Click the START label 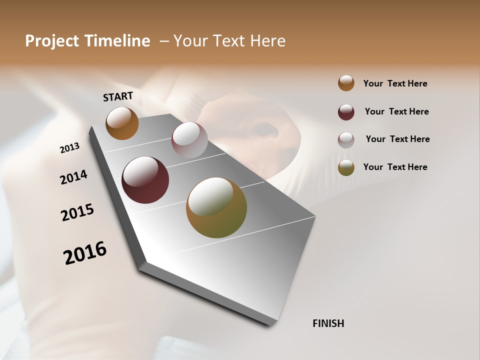coord(118,96)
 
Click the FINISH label coord(328,323)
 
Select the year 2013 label coord(69,148)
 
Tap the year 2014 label coord(73,177)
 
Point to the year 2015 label coord(77,212)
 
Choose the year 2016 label coord(85,252)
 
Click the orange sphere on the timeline coord(122,123)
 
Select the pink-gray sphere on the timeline coord(189,140)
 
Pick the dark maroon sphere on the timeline coord(145,180)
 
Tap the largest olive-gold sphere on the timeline coord(216,207)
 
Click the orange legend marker coord(346,83)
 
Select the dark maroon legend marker coord(346,112)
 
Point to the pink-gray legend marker coord(346,139)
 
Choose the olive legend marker coord(346,167)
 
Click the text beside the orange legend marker coord(395,83)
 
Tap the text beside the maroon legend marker coord(396,111)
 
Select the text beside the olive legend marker coord(395,167)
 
